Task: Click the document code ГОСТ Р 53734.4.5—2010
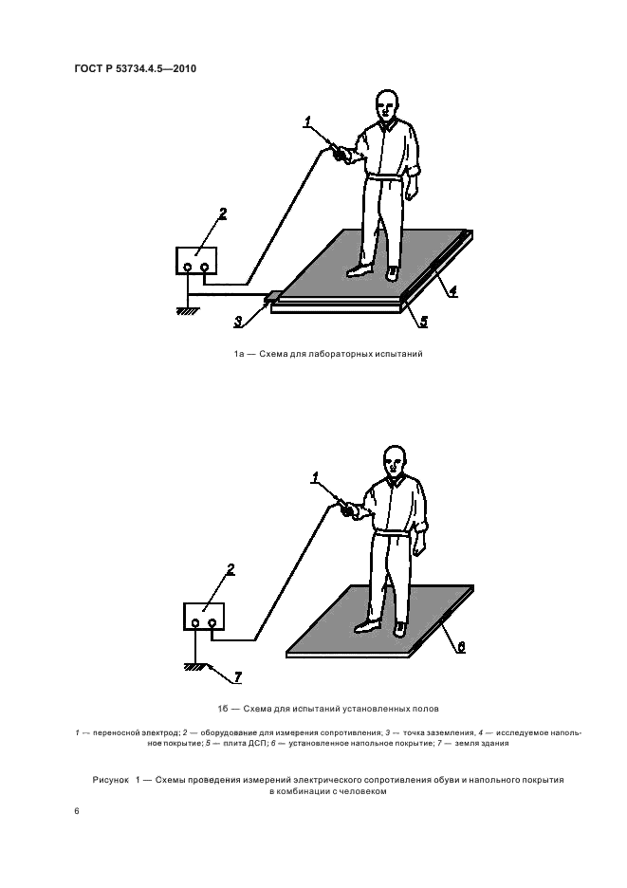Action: point(136,69)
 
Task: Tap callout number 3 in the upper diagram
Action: point(238,322)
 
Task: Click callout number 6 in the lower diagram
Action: point(461,647)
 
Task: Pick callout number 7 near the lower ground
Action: point(237,676)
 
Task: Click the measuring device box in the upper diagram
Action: point(196,261)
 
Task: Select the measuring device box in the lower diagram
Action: point(203,616)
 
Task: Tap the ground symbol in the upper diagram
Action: point(187,310)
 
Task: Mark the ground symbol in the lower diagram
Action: point(194,667)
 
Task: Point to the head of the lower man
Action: point(396,461)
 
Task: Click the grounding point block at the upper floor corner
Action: point(273,296)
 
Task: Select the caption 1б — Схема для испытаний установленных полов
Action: point(328,709)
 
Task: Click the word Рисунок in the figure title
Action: point(111,780)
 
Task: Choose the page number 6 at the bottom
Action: point(77,811)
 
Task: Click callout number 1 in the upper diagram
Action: point(307,120)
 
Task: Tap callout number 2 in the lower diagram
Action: point(231,569)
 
